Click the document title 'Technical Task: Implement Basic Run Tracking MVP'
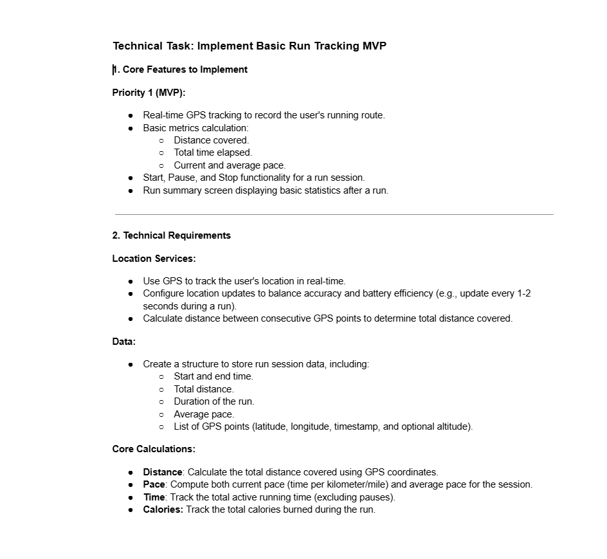point(249,46)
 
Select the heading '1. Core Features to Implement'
point(180,69)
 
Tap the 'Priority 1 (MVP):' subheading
point(149,93)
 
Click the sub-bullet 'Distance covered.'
point(211,140)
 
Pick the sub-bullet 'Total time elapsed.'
point(213,152)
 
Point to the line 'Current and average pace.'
point(230,165)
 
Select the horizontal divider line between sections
point(334,214)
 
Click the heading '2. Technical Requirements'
point(172,235)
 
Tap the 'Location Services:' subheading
point(154,259)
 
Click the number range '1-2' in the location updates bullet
point(523,293)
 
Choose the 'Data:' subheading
point(124,342)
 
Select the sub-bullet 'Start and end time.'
point(213,376)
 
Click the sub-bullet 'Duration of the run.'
point(213,401)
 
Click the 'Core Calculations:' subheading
point(154,449)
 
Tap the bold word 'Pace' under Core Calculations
point(154,484)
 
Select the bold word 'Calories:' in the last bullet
point(163,509)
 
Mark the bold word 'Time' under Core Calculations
point(154,497)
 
